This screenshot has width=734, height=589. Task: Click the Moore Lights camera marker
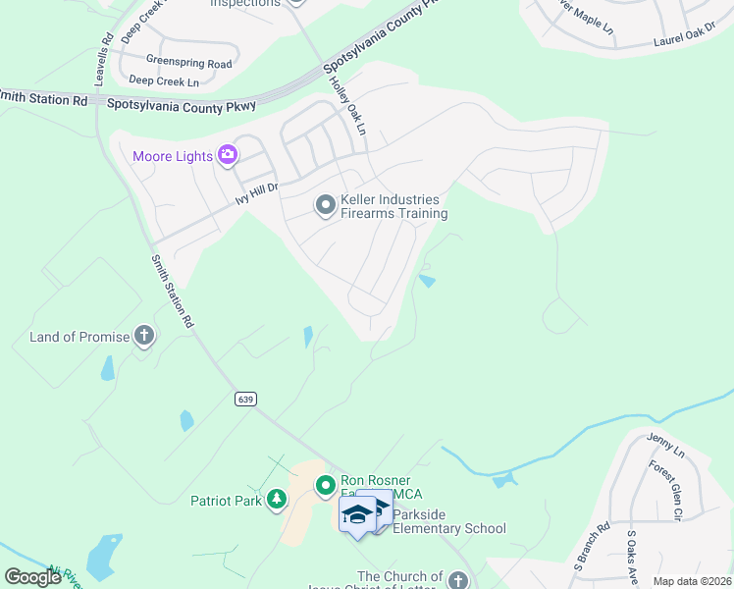[228, 154]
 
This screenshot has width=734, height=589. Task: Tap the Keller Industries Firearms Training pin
[326, 205]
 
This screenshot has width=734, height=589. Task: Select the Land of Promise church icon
[143, 337]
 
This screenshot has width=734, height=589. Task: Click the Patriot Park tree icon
[277, 500]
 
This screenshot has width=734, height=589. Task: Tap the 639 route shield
[245, 399]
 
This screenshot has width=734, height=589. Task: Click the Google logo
[32, 576]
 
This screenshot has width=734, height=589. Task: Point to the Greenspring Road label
[188, 64]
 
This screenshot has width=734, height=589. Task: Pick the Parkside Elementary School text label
[449, 529]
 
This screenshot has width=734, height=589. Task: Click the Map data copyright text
[691, 581]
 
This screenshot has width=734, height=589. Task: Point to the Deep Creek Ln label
[164, 81]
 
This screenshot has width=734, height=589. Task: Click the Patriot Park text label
[227, 501]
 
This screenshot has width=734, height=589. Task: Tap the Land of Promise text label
[79, 337]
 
